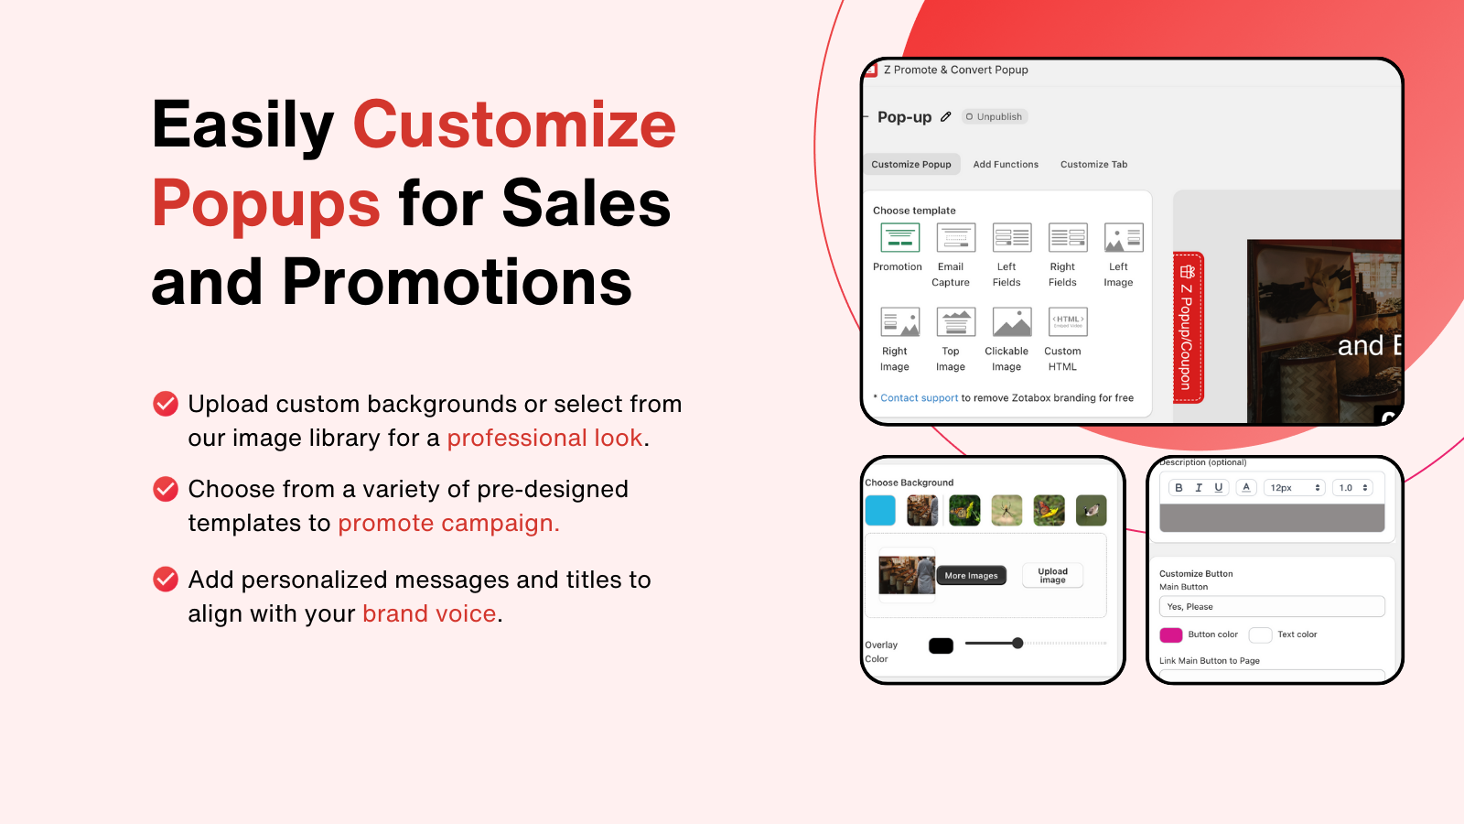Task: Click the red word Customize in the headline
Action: (x=514, y=125)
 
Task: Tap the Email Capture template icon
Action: (x=955, y=238)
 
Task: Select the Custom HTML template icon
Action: (x=1068, y=322)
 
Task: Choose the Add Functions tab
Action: (x=1006, y=165)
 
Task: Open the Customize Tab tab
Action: (x=1093, y=165)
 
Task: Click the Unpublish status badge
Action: (x=995, y=117)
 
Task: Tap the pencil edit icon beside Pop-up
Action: (x=946, y=117)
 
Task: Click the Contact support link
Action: (x=919, y=398)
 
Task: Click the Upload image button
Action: (x=1052, y=575)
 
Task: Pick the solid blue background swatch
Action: (x=880, y=510)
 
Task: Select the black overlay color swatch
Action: (x=941, y=645)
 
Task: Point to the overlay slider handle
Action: (x=1017, y=644)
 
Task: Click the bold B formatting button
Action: (x=1179, y=488)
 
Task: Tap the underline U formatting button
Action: (x=1219, y=488)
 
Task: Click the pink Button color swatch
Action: (x=1171, y=634)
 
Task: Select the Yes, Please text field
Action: (x=1272, y=607)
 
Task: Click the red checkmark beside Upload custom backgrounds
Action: (x=166, y=404)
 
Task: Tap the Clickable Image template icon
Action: (x=1012, y=322)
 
